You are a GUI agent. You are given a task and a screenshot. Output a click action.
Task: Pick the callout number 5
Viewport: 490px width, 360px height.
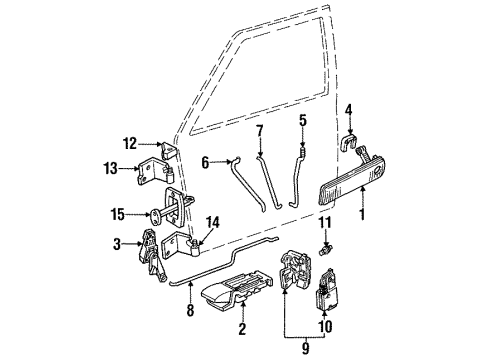301,123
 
